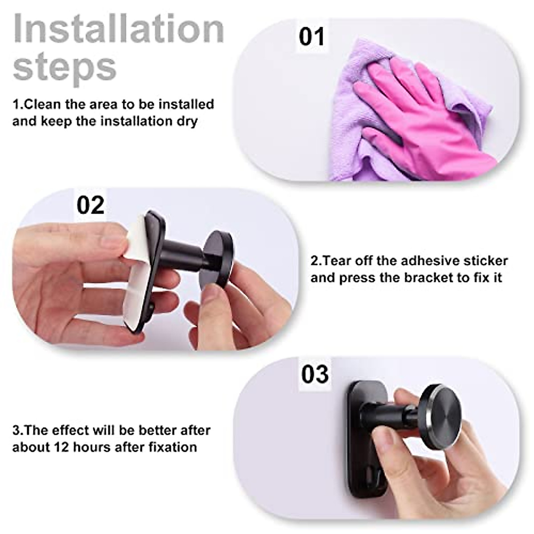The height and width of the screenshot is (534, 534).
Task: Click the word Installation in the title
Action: click(x=118, y=29)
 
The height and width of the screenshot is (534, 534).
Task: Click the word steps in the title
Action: click(x=65, y=67)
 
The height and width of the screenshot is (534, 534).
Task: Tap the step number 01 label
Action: click(x=311, y=36)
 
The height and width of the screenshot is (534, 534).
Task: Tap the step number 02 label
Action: click(x=90, y=205)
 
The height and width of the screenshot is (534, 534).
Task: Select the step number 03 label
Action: click(x=315, y=374)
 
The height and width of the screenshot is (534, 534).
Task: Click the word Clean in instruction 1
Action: click(x=42, y=105)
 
